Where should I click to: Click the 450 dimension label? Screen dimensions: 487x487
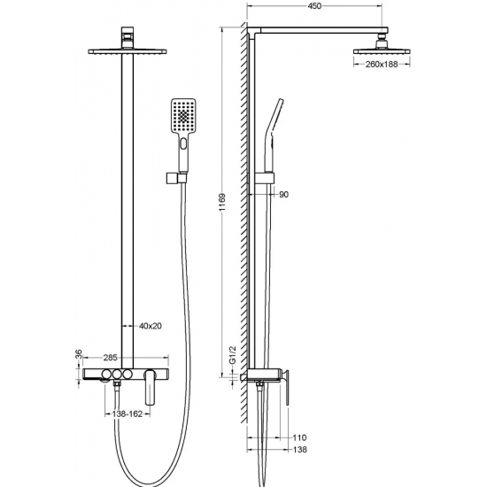point(314,6)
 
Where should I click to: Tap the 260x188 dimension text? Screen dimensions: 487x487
point(382,65)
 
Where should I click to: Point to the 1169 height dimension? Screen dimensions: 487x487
point(222,202)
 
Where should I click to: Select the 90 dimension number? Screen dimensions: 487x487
point(284,195)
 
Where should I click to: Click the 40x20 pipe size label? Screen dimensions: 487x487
point(151,326)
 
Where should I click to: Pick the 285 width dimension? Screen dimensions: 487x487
point(111,358)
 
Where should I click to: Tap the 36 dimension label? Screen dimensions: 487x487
point(79,354)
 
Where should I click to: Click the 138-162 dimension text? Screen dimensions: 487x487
point(128,414)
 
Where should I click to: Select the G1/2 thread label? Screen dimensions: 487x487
point(233,355)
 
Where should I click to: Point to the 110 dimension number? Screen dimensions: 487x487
point(299,437)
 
